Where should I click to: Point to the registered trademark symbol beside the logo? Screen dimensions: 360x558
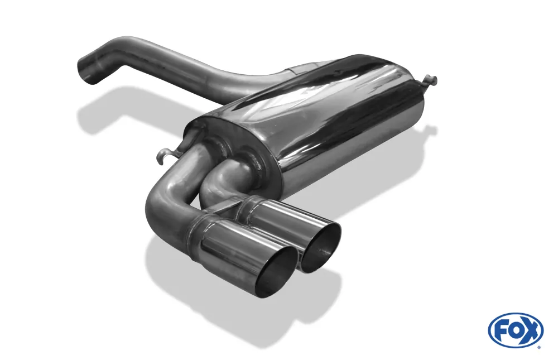pyautogui.click(x=538, y=347)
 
